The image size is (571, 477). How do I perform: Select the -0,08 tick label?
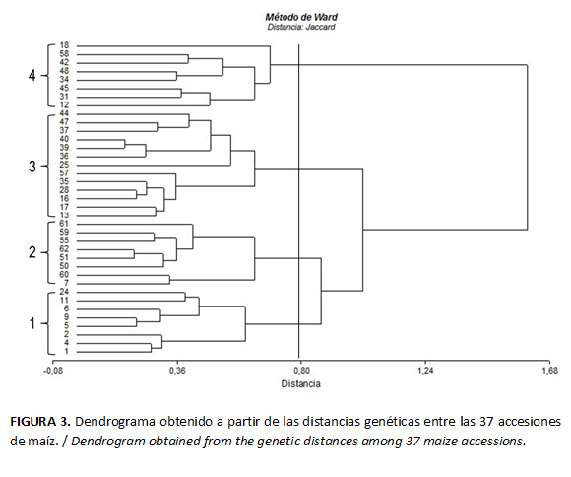pyautogui.click(x=51, y=372)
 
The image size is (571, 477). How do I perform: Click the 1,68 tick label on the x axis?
pyautogui.click(x=548, y=372)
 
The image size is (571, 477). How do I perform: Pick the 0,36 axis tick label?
pyautogui.click(x=177, y=372)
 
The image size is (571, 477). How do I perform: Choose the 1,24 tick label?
pyautogui.click(x=425, y=372)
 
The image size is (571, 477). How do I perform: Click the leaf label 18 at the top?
pyautogui.click(x=64, y=46)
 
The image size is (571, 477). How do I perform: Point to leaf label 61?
pyautogui.click(x=64, y=224)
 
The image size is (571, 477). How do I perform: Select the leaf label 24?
pyautogui.click(x=64, y=292)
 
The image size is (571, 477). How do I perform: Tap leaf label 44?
pyautogui.click(x=64, y=114)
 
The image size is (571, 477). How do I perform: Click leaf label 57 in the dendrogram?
pyautogui.click(x=64, y=172)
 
